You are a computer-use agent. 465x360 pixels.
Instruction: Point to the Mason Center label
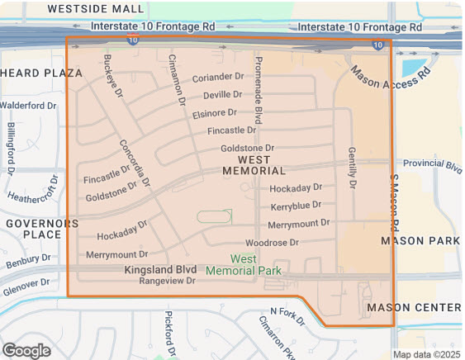click(413, 307)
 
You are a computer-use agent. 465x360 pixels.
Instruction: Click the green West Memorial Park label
click(243, 264)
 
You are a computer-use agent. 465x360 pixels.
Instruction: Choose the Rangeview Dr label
click(167, 281)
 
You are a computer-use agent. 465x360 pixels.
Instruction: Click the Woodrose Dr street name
click(272, 243)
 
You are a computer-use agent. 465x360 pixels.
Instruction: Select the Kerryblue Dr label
click(296, 206)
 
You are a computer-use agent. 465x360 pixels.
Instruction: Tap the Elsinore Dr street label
click(214, 112)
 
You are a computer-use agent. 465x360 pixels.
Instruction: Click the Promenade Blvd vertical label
click(258, 92)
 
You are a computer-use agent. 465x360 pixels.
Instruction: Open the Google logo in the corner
click(26, 350)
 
